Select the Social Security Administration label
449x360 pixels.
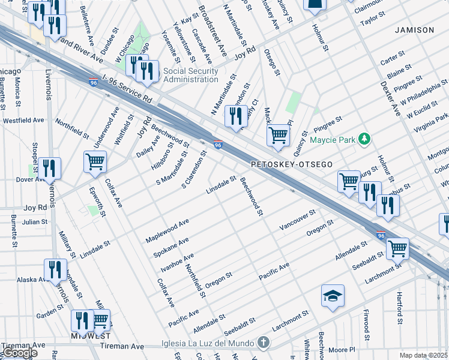pos(191,75)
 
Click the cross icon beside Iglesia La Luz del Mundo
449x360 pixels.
pos(262,343)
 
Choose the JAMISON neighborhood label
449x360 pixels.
pos(414,29)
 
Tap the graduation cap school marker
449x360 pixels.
pos(333,296)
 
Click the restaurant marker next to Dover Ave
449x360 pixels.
pos(49,168)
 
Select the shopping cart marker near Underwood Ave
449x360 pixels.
pos(95,161)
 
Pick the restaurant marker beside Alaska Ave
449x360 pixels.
pos(55,269)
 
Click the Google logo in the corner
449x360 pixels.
pos(19,353)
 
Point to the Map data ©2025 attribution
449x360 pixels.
pos(424,355)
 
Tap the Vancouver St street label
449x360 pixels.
pos(298,222)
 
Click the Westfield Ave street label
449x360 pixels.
pos(23,120)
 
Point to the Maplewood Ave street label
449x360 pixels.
pos(167,231)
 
